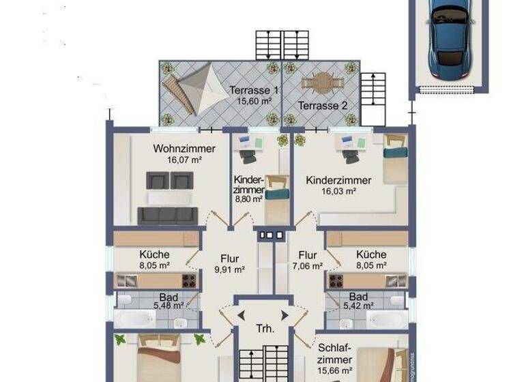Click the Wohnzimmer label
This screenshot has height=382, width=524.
tap(184, 149)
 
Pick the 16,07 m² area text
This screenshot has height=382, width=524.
tap(184, 160)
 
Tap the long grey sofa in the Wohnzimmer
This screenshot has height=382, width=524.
tap(168, 216)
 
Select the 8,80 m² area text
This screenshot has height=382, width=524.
tap(248, 199)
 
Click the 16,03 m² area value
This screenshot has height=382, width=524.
tap(339, 192)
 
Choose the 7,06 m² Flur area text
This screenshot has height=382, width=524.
tap(307, 267)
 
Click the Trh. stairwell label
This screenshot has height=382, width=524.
tap(265, 329)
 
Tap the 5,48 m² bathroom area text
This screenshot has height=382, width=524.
tap(166, 306)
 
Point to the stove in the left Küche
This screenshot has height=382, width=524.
tap(189, 280)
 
